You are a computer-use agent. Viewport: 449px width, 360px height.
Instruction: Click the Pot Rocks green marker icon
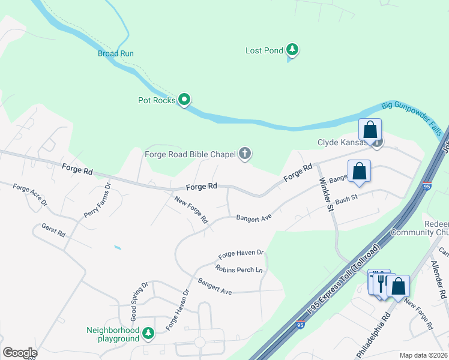click(x=185, y=100)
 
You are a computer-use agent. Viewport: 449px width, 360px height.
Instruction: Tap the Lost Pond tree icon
click(x=292, y=49)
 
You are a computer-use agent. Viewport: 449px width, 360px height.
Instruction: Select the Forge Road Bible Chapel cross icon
click(x=244, y=154)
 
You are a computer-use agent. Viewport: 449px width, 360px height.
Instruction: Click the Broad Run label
click(x=115, y=53)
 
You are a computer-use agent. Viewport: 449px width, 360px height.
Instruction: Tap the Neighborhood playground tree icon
click(x=148, y=333)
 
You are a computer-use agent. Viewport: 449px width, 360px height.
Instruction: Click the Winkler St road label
click(x=326, y=194)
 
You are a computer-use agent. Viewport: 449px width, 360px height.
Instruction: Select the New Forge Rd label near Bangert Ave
click(x=191, y=209)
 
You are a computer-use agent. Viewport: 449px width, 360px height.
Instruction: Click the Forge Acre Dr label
click(x=30, y=195)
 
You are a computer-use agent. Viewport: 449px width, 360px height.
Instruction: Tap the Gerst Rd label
click(x=53, y=231)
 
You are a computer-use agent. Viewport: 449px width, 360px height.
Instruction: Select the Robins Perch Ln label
click(x=240, y=269)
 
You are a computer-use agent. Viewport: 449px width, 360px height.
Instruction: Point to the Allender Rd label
click(x=442, y=278)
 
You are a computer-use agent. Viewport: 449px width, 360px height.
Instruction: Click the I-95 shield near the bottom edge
click(x=301, y=325)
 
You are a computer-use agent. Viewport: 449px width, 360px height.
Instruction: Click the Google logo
click(x=19, y=353)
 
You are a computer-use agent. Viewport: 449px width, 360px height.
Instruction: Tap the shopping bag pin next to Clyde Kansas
click(x=370, y=130)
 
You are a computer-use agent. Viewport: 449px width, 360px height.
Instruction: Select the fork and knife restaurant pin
click(x=381, y=283)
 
